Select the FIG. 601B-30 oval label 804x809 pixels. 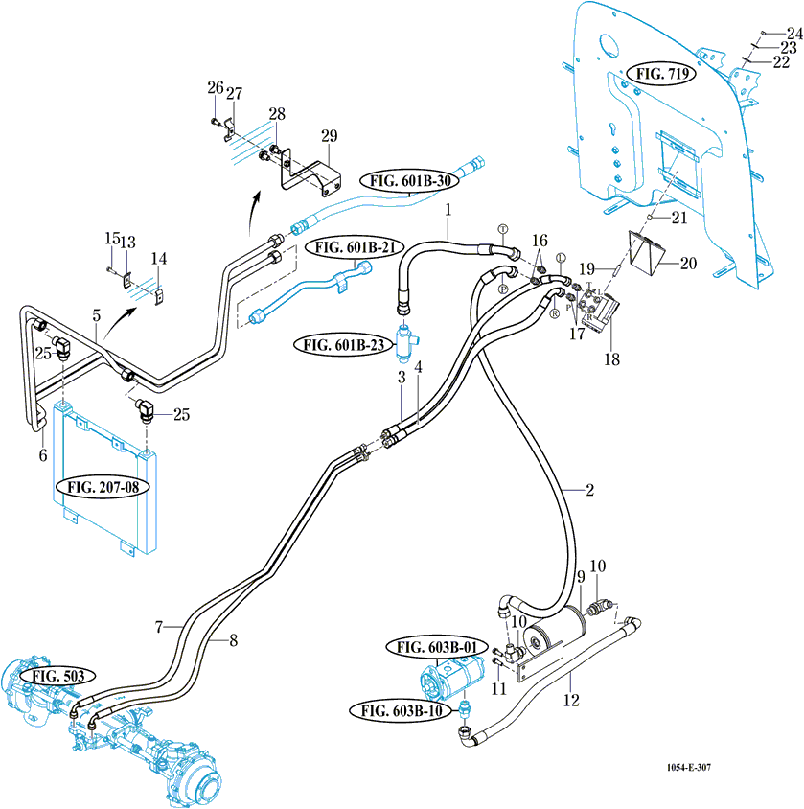410,179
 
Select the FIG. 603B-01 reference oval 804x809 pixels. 436,649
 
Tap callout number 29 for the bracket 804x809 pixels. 329,135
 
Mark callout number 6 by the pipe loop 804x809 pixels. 42,456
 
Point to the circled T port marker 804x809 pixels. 500,229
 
